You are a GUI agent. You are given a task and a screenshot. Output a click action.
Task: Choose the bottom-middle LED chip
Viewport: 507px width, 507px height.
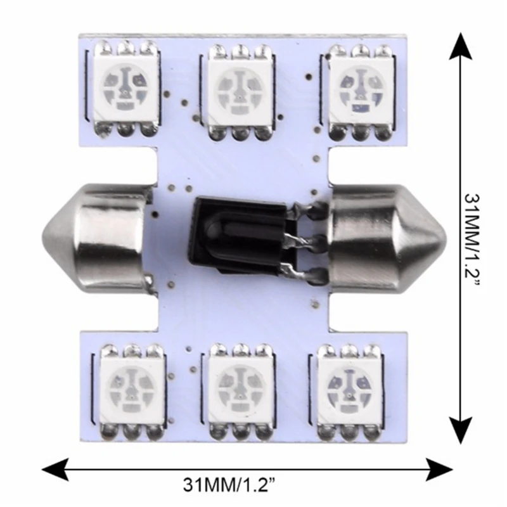(241, 392)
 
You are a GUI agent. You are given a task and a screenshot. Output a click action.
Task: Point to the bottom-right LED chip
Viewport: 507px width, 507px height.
(350, 392)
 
